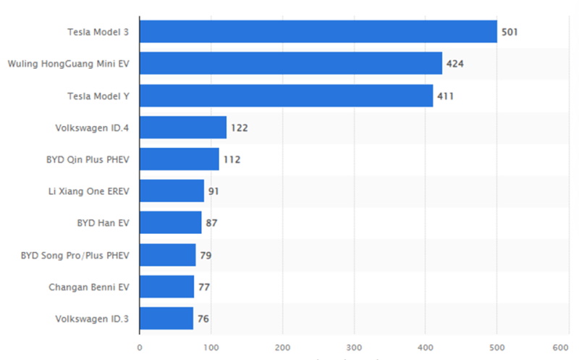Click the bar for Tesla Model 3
coord(318,32)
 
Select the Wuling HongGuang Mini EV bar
coord(291,64)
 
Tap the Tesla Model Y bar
coord(286,96)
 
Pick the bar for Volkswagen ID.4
coord(182,127)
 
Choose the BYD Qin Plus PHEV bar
coord(179,159)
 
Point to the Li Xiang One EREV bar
coord(172,191)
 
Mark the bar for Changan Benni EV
coord(166,287)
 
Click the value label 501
coord(510,32)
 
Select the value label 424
coord(455,64)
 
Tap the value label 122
coord(239,127)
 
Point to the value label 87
coord(211,223)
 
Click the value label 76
coord(203,319)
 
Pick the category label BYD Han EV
coord(103,223)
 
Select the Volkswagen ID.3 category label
coord(92,319)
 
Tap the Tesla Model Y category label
coord(98,96)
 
